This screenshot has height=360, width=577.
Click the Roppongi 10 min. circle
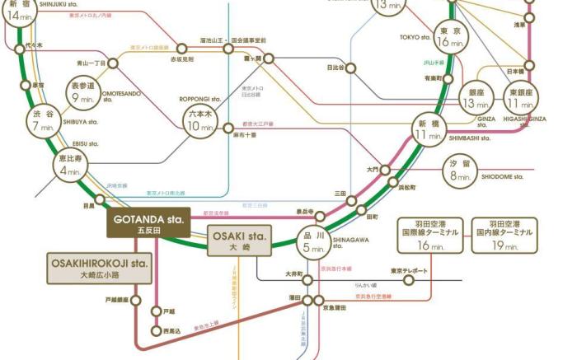(x=200, y=120)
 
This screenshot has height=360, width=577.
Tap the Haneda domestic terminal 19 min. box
(x=504, y=236)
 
